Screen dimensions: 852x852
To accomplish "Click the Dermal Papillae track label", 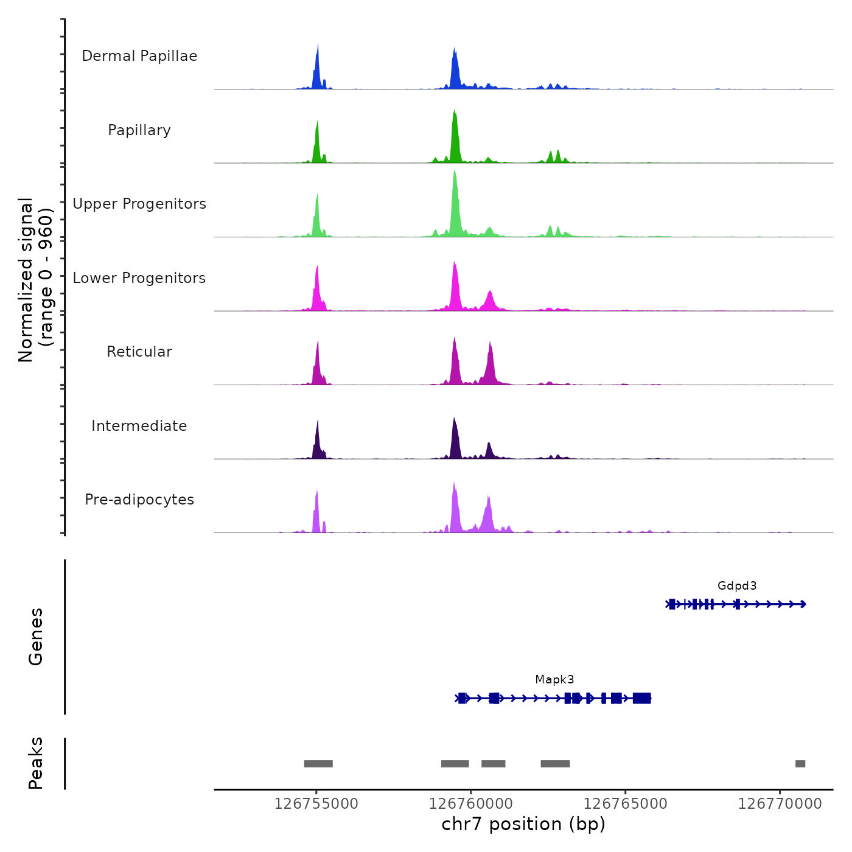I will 139,56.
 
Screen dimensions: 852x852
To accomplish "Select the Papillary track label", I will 139,130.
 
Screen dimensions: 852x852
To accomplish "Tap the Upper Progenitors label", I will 139,204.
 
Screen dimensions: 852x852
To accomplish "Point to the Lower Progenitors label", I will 139,278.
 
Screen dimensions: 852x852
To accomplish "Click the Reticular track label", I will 139,352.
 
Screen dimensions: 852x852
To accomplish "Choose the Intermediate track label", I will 139,426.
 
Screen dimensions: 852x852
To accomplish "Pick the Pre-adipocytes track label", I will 139,500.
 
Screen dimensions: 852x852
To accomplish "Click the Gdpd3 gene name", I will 737,586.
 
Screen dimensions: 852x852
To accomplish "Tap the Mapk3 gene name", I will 554,680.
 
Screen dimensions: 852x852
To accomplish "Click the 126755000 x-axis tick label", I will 316,804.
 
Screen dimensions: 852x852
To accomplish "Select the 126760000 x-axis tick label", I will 470,804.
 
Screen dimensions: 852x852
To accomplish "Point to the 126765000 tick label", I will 625,804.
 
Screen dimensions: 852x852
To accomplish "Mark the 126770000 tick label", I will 780,804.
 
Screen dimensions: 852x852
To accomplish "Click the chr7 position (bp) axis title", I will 523,824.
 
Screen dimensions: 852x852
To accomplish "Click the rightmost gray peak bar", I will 800,764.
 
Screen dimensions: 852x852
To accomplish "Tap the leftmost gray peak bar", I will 318,764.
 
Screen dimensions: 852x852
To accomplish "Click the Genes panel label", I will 36,637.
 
